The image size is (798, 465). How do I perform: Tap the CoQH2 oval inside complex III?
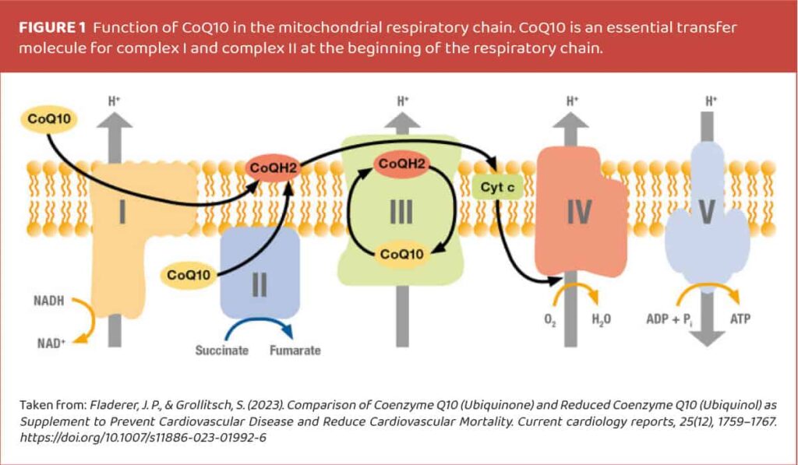[x=401, y=164]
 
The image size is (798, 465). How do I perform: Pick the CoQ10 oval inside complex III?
[x=401, y=254]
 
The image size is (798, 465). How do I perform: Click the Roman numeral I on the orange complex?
[x=123, y=212]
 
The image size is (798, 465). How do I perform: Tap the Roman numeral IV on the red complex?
[x=577, y=212]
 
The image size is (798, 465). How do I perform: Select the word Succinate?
[x=221, y=351]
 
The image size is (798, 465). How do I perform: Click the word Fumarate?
[x=295, y=351]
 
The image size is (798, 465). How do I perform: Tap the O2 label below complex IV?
[x=548, y=319]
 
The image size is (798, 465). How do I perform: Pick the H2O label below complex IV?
[x=601, y=319]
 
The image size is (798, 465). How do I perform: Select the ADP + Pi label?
[x=671, y=320]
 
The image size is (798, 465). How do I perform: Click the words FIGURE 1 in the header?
[x=52, y=27]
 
